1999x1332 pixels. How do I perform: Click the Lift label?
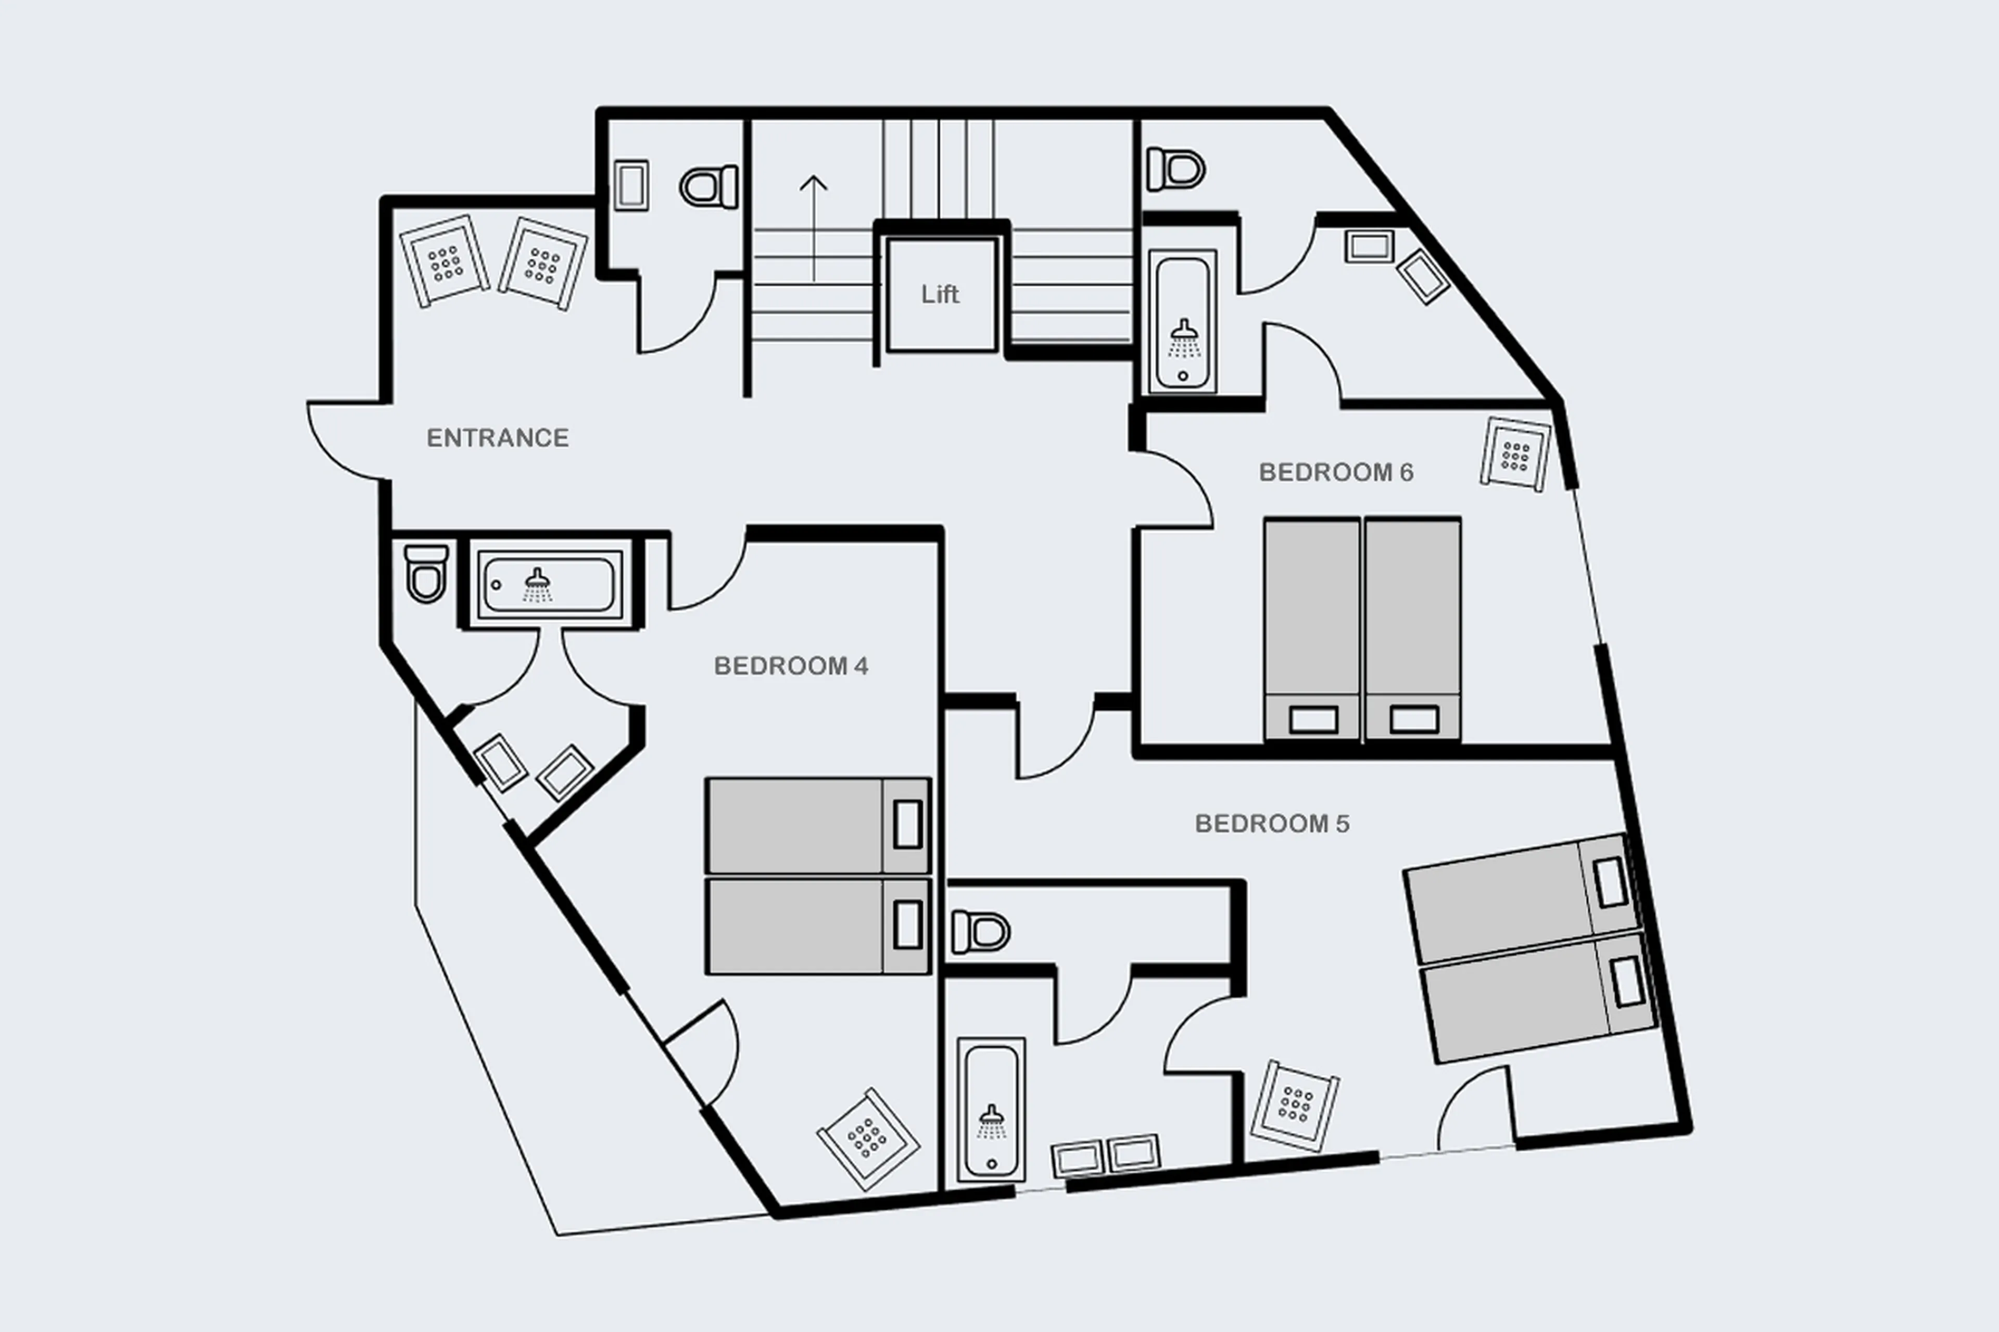(940, 294)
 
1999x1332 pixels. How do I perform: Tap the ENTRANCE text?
(497, 438)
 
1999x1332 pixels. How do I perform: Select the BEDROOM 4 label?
(790, 666)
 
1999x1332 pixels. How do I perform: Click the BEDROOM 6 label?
(1335, 472)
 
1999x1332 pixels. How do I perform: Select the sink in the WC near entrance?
(630, 185)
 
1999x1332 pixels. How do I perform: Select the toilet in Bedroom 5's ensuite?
(980, 932)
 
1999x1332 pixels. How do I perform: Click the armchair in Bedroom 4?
(867, 1138)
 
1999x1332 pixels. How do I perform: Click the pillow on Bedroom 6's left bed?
(1312, 719)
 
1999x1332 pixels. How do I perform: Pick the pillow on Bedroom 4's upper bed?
(907, 824)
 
